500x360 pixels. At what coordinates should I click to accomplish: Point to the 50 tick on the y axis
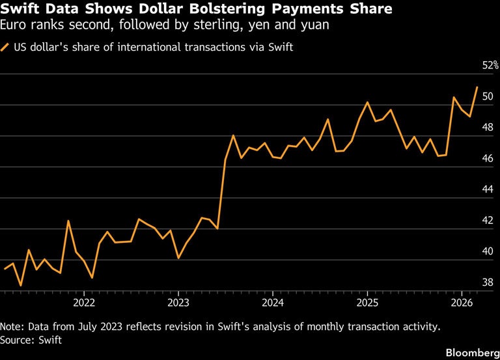point(488,97)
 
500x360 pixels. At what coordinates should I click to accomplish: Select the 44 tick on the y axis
point(488,190)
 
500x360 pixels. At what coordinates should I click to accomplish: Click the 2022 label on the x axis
point(84,303)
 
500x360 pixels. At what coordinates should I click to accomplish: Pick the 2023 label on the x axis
point(178,303)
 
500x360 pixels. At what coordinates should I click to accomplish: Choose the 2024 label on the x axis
point(273,303)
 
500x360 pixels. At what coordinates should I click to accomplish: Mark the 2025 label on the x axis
point(367,303)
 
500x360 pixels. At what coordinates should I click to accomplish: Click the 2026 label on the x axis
point(462,303)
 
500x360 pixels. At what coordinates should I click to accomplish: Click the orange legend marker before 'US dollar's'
point(6,48)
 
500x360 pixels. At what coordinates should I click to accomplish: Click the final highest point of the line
point(477,87)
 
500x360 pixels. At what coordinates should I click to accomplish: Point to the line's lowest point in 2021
point(21,285)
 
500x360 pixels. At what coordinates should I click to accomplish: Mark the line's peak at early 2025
point(368,102)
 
